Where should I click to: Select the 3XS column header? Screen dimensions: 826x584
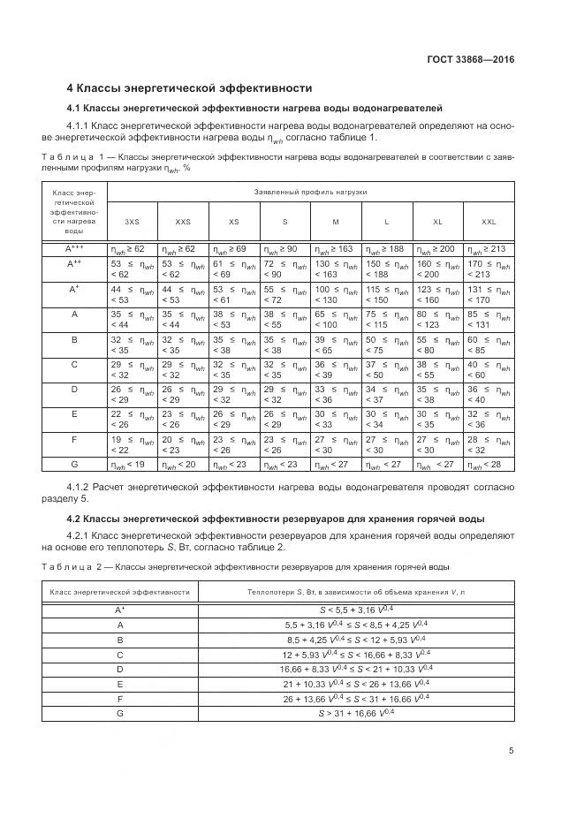pyautogui.click(x=132, y=222)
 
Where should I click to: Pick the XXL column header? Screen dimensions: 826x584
pyautogui.click(x=489, y=222)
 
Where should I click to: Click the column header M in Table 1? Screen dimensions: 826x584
pyautogui.click(x=336, y=222)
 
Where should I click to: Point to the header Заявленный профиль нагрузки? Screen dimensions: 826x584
pyautogui.click(x=310, y=192)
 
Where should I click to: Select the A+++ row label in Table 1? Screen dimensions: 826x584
pyautogui.click(x=74, y=250)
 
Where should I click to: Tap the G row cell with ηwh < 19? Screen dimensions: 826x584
pyautogui.click(x=127, y=464)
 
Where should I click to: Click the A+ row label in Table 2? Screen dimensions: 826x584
pyautogui.click(x=119, y=610)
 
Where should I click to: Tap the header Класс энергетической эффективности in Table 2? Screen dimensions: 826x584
pyautogui.click(x=120, y=591)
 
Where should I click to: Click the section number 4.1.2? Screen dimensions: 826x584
pyautogui.click(x=82, y=487)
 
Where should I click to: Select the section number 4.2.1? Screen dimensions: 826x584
pyautogui.click(x=82, y=536)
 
